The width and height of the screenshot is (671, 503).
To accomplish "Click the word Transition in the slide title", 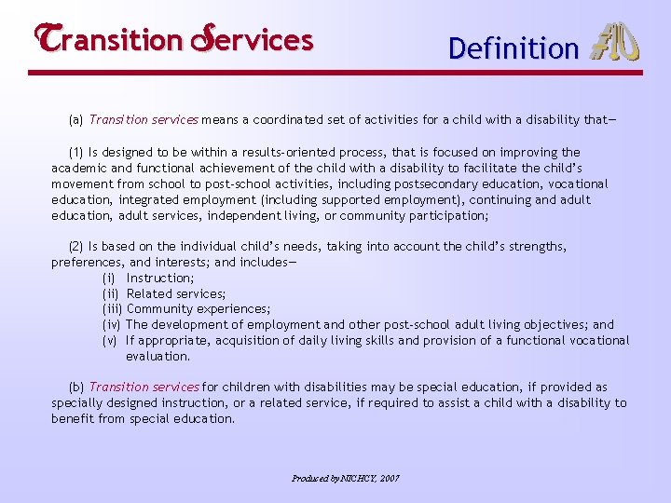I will (104, 40).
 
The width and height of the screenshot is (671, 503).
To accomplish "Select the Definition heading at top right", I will (514, 48).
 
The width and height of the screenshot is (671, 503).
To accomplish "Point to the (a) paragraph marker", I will (76, 120).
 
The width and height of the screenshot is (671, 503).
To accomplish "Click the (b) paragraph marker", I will (76, 387).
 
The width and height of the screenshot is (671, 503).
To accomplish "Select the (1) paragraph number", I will (76, 152).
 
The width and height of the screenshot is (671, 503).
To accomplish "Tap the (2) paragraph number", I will (76, 247).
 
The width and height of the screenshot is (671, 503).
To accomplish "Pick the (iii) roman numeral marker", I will (113, 309).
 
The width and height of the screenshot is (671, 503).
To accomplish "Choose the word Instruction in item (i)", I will (160, 279).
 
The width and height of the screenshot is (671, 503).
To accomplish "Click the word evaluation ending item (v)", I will (157, 357).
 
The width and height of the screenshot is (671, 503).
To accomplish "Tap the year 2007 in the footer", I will (389, 478).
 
